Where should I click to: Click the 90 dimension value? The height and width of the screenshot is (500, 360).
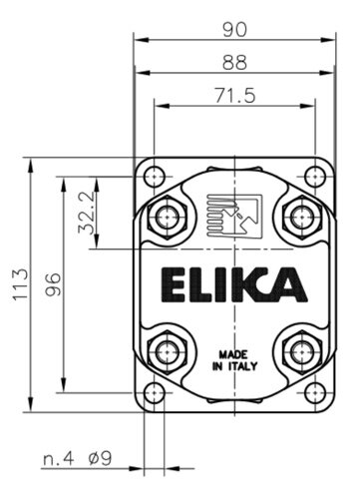tap(235, 30)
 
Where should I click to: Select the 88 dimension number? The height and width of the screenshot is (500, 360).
tap(235, 62)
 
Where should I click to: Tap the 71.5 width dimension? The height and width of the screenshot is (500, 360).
tap(235, 95)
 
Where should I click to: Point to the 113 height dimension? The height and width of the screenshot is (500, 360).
tap(21, 284)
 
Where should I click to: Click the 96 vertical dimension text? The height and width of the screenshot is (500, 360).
tap(54, 284)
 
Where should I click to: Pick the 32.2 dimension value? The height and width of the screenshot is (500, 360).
tap(87, 213)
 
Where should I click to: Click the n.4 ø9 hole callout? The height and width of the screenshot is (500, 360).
tap(78, 458)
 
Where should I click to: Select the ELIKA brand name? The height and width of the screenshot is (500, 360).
tap(234, 284)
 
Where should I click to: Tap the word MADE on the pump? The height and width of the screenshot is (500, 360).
tap(233, 354)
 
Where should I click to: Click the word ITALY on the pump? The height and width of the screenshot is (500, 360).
tap(242, 366)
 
